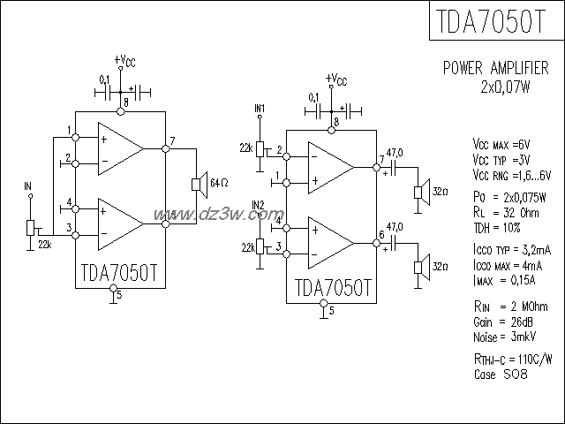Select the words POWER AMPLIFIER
point(495,68)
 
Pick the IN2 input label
point(259,205)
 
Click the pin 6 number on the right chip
point(380,234)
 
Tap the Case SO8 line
point(501,375)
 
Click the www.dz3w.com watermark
point(218,214)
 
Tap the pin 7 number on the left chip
point(173,141)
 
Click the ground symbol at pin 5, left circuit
point(112,298)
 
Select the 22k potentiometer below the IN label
point(32,228)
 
